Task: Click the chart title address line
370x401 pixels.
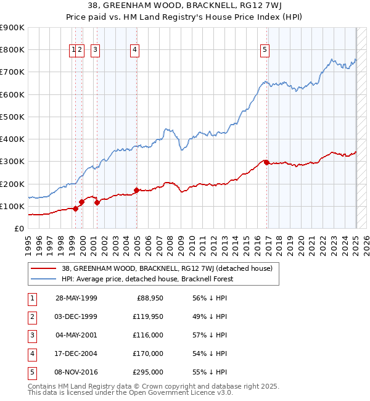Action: tap(184, 7)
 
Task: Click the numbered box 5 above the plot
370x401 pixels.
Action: tap(265, 51)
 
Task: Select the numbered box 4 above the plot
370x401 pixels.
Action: tap(134, 51)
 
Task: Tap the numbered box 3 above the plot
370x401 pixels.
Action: tap(96, 51)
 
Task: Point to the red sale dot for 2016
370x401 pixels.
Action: tap(266, 162)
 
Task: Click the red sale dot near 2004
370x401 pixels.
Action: tap(136, 190)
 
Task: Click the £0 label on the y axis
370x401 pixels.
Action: tap(18, 228)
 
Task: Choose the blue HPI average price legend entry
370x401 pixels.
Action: tap(147, 279)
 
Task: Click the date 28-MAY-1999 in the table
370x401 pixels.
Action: tap(76, 299)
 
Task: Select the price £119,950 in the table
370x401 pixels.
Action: tap(149, 317)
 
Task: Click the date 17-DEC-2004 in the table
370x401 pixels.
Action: tap(76, 354)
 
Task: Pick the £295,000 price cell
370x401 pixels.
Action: tap(149, 373)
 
